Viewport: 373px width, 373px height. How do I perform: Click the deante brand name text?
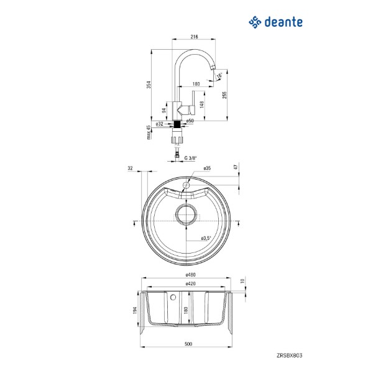pos(283,22)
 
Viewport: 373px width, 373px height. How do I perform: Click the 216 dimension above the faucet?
pos(194,37)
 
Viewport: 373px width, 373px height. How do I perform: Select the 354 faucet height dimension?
pos(149,85)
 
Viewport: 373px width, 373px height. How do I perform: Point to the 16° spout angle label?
pos(220,75)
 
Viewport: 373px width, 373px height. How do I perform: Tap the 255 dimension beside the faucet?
pos(224,95)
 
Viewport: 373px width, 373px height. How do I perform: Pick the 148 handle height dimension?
pos(202,104)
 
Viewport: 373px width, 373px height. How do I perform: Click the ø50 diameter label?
pos(190,121)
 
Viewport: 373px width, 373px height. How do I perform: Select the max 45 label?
pos(149,132)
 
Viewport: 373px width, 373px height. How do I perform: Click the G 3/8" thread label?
pos(191,158)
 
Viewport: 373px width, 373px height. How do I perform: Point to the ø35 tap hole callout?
pos(207,168)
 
